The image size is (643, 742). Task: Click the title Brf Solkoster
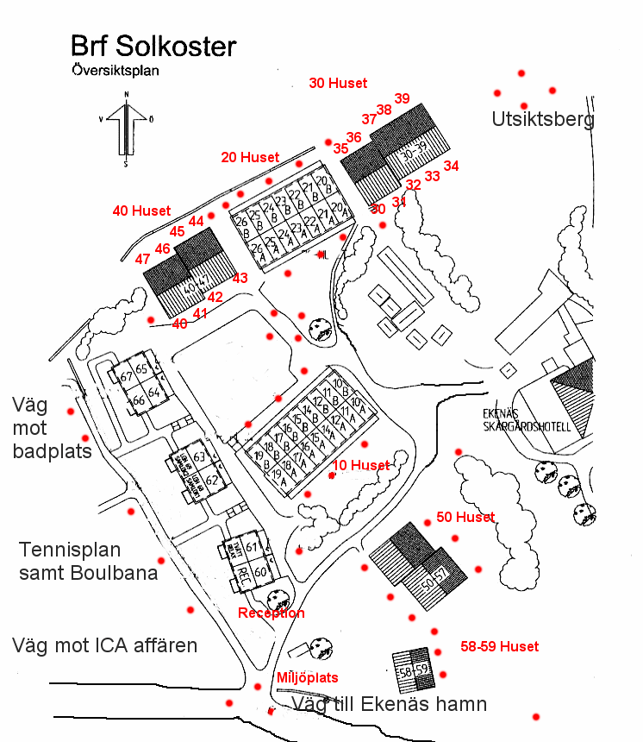tap(153, 47)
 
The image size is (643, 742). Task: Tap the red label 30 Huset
tap(338, 84)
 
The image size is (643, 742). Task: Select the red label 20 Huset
tap(250, 157)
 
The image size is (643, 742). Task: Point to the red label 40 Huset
tap(141, 211)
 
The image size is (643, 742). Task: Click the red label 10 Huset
tap(360, 465)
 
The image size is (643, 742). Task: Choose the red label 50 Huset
tap(465, 517)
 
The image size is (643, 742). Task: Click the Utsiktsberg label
tap(543, 119)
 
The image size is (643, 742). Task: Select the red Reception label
tap(271, 613)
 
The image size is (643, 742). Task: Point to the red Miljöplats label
tap(307, 677)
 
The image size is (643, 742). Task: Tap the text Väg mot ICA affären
tap(105, 645)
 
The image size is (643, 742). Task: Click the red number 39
tap(402, 98)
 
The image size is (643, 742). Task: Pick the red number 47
tap(143, 259)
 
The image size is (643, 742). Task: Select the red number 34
tap(451, 166)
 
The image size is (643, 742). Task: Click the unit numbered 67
tap(126, 377)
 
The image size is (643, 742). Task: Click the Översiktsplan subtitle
tap(115, 72)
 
